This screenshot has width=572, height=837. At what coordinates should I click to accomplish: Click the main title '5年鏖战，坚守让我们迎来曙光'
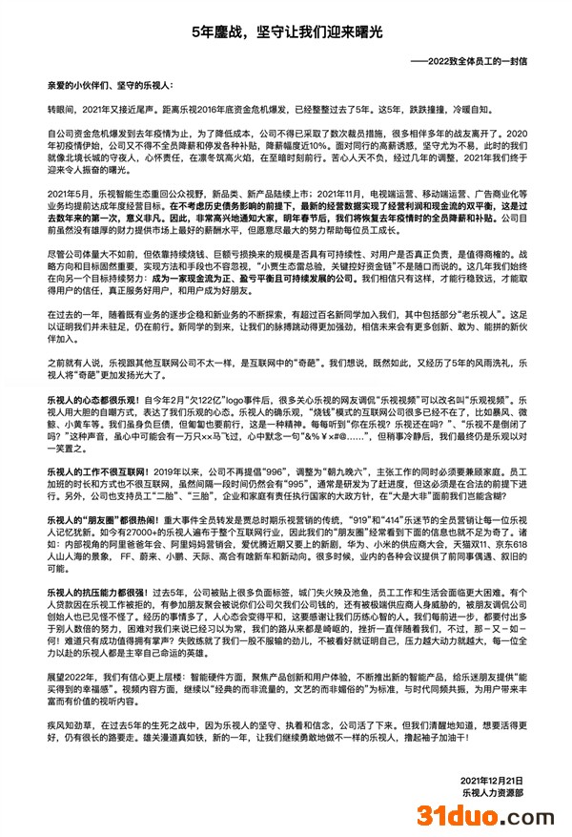(x=286, y=31)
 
